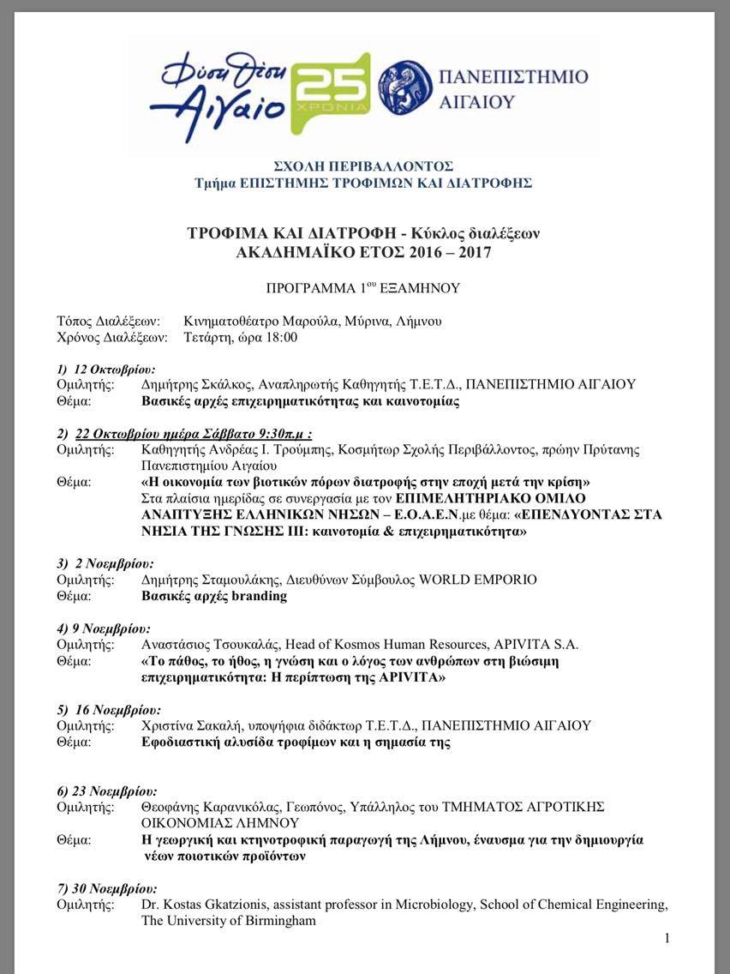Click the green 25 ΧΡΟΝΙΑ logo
point(332,93)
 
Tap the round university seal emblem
point(405,87)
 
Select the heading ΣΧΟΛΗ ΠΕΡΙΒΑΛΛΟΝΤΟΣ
point(363,165)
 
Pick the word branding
point(260,596)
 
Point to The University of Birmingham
point(228,921)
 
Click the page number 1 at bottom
point(667,938)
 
